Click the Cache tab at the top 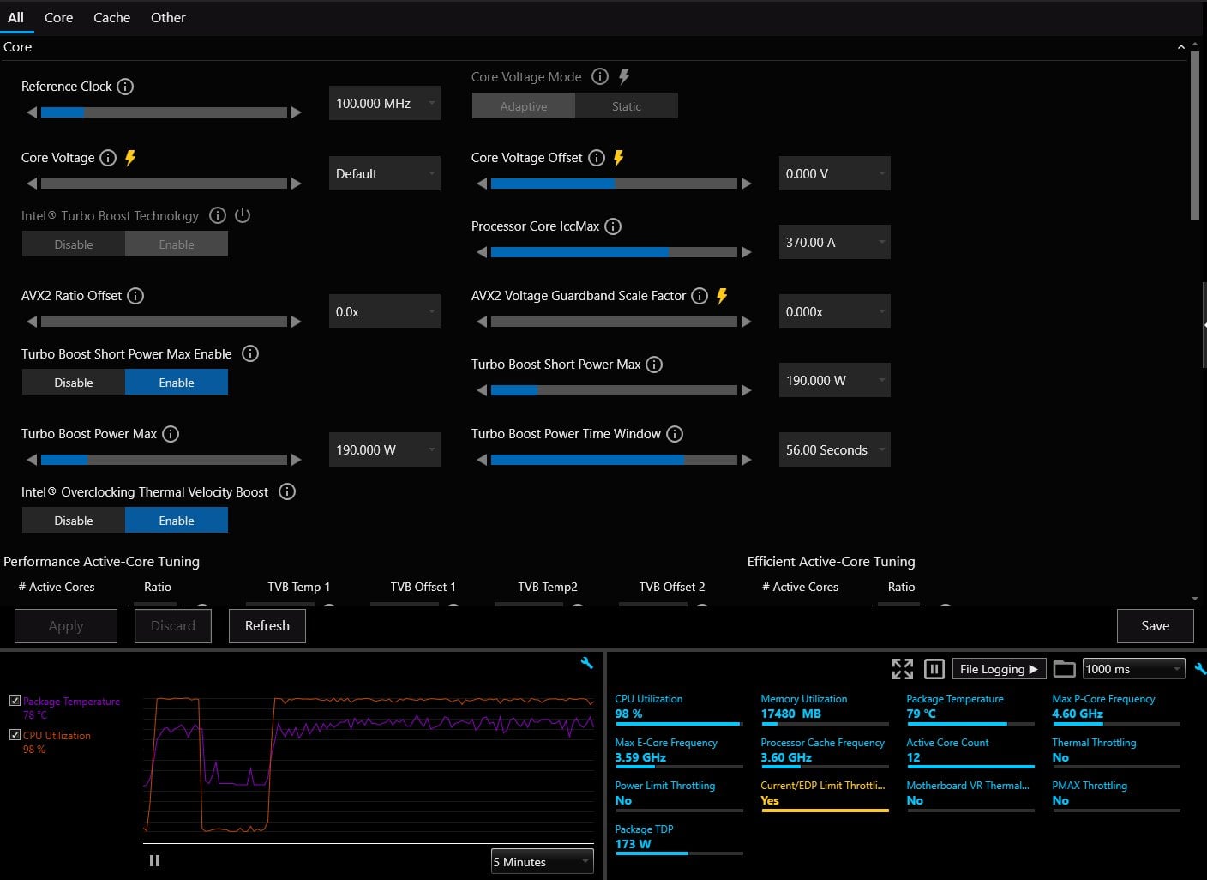pos(111,18)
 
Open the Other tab pos(168,18)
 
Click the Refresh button pos(267,625)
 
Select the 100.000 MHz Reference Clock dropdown pos(384,103)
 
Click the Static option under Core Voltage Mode pos(626,106)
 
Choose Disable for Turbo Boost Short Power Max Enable pos(73,383)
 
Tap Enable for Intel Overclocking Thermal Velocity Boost pos(177,521)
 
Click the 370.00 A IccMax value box pos(834,242)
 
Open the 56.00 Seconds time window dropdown pos(834,449)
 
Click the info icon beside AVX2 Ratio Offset pos(135,296)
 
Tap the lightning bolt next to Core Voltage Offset pos(619,158)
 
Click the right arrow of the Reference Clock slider pos(297,112)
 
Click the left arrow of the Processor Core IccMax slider pos(482,252)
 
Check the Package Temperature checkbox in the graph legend pos(15,701)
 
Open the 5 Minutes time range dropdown pos(542,861)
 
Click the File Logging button pos(999,669)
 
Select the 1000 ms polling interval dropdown pos(1133,669)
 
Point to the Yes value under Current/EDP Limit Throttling pos(770,800)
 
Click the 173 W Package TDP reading pos(634,844)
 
